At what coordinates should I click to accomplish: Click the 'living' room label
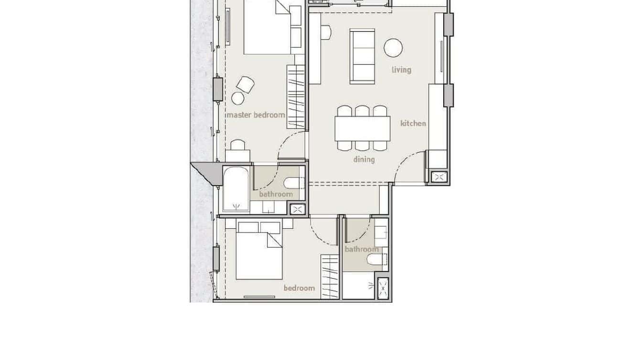pyautogui.click(x=401, y=70)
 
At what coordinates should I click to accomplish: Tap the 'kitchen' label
pyautogui.click(x=413, y=124)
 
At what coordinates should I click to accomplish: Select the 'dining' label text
pyautogui.click(x=364, y=159)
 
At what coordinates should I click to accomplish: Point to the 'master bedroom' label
pyautogui.click(x=256, y=115)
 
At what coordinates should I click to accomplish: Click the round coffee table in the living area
pyautogui.click(x=393, y=48)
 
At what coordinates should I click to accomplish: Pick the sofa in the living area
pyautogui.click(x=362, y=56)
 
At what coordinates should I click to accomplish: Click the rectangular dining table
pyautogui.click(x=362, y=128)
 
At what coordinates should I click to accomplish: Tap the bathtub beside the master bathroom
pyautogui.click(x=235, y=189)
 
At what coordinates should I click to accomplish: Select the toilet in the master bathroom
pyautogui.click(x=293, y=183)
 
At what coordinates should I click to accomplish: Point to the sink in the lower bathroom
pyautogui.click(x=381, y=233)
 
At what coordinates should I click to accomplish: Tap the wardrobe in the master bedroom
pyautogui.click(x=296, y=96)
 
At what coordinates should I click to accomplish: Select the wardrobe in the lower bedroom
pyautogui.click(x=330, y=277)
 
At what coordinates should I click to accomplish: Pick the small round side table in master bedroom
pyautogui.click(x=238, y=98)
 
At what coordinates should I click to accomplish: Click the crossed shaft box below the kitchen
pyautogui.click(x=438, y=178)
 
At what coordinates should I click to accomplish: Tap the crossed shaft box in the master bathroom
pyautogui.click(x=297, y=209)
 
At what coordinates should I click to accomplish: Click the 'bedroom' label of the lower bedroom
pyautogui.click(x=299, y=288)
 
